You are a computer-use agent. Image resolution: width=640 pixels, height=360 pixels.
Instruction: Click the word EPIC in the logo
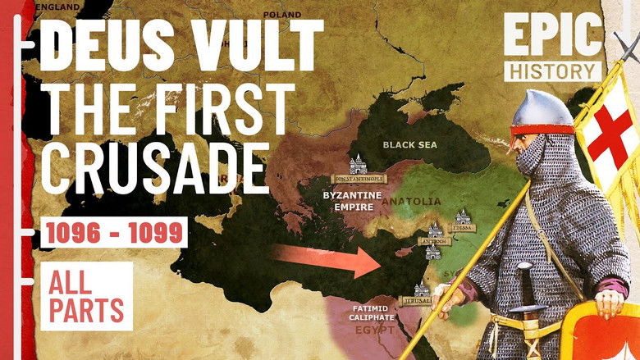point(554,36)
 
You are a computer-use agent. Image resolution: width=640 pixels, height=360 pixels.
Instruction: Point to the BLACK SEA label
point(411,144)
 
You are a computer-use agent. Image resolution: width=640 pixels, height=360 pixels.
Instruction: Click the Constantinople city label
point(358,178)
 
